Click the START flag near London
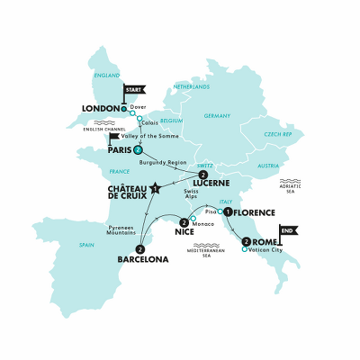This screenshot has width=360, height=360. click(x=132, y=90)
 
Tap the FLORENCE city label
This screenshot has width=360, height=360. click(x=260, y=212)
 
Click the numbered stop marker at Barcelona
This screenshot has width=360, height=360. click(x=139, y=249)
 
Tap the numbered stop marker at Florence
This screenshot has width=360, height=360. click(x=228, y=211)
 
